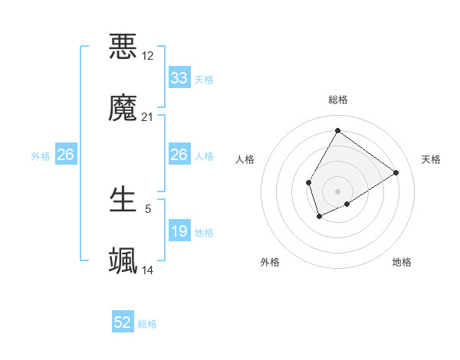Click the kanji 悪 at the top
coord(123,47)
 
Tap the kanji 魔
coord(123,108)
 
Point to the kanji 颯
coord(123,261)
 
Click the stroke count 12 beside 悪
coord(148,56)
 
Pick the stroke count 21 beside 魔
coord(148,117)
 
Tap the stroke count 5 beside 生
coord(148,208)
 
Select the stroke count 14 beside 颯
coord(148,270)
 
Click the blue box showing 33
coord(179,78)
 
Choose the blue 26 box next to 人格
coord(179,155)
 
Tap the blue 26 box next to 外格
coord(66,155)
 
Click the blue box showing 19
coord(179,231)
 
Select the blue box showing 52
coord(123,322)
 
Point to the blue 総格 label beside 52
coord(147,324)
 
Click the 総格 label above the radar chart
coord(337,100)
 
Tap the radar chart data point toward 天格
coord(396,172)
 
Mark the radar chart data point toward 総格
coord(337,130)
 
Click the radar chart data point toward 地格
coord(347,204)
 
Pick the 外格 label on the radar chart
coord(270,262)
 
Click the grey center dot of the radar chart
coord(337,191)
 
